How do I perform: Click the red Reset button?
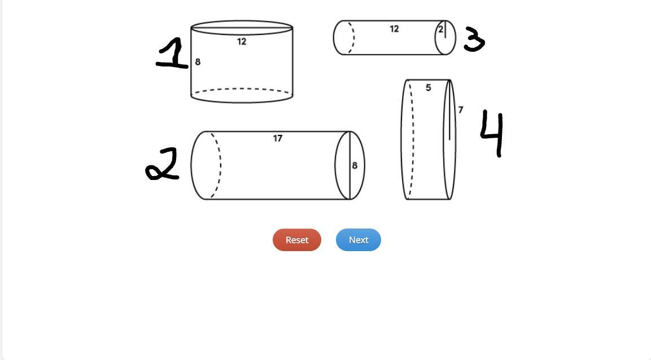click(297, 240)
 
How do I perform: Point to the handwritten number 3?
click(474, 39)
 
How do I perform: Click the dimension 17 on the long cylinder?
click(278, 138)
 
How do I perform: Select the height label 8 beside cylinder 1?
click(198, 62)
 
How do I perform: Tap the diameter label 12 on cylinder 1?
click(242, 42)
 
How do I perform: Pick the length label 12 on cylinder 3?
click(395, 29)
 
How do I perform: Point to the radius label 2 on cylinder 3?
click(440, 29)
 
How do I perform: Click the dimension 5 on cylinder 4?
click(429, 87)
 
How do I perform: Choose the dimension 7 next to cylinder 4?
click(460, 109)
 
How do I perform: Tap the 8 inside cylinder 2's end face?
click(355, 165)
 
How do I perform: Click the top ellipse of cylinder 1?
click(242, 21)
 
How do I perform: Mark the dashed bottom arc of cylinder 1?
click(242, 89)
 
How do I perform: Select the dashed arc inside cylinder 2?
click(220, 165)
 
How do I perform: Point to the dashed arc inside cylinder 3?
click(354, 37)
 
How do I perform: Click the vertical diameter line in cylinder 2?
click(350, 165)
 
